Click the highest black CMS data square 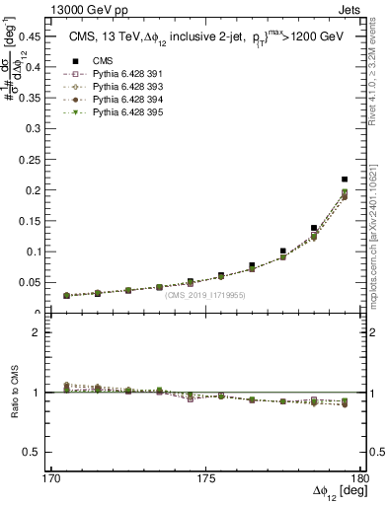(x=345, y=180)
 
